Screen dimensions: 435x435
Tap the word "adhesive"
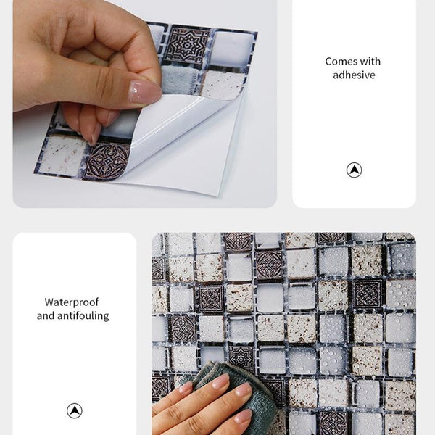[354, 75]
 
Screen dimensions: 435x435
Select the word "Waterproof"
[72, 302]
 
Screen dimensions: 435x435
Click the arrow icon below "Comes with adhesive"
[354, 170]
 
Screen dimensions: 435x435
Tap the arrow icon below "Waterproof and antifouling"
[75, 410]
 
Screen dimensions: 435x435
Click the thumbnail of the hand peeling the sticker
[144, 104]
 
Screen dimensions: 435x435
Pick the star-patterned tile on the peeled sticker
[187, 44]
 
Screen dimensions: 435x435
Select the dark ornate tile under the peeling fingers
[107, 161]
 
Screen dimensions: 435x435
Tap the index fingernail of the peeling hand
[144, 91]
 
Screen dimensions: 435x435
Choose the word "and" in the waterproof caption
[46, 315]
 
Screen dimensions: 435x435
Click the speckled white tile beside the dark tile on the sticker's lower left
[63, 154]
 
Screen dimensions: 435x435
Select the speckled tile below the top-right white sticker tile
[223, 84]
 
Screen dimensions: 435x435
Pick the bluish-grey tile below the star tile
[179, 80]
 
